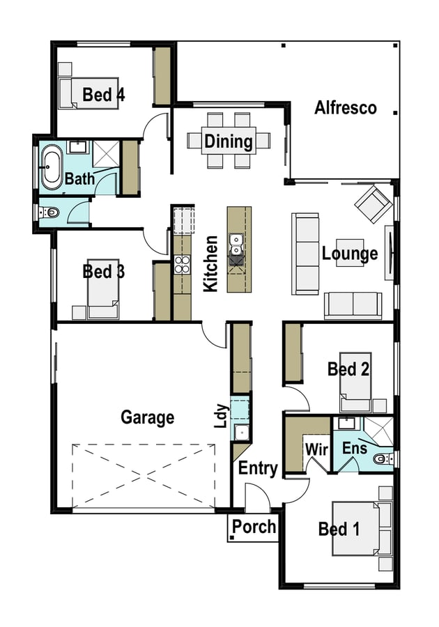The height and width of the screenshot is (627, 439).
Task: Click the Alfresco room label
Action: tap(346, 108)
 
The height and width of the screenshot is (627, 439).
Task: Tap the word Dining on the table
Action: tap(229, 141)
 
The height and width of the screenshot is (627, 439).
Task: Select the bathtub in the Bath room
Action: tap(52, 167)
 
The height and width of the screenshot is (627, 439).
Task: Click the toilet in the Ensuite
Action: tap(383, 458)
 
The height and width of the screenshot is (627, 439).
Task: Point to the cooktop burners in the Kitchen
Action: tap(183, 265)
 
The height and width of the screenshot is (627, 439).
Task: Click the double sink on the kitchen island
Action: tap(236, 245)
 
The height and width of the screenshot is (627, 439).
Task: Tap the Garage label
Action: tap(148, 417)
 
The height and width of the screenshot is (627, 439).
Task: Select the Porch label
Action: tap(254, 527)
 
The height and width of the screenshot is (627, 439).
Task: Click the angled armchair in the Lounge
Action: tap(373, 203)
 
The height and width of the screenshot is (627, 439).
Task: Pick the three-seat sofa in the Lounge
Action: tap(305, 254)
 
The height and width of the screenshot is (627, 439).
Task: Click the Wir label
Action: tap(316, 449)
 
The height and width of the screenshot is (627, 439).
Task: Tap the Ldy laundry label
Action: tap(221, 416)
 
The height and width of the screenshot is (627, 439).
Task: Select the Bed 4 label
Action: tap(104, 95)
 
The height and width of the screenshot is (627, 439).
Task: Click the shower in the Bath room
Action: tap(106, 153)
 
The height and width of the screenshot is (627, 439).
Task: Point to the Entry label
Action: tap(258, 468)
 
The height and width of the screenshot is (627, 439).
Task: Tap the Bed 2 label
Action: tap(348, 369)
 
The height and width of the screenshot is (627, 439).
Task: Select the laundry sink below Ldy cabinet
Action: tap(242, 433)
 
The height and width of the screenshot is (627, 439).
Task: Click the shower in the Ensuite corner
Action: tap(378, 431)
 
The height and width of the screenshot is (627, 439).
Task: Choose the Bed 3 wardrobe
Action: tap(162, 291)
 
